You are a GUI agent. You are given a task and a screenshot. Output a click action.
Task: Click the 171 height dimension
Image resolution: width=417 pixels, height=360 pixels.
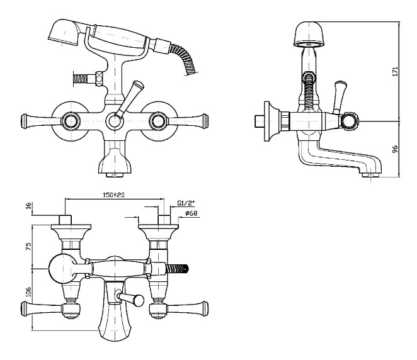tap(395, 72)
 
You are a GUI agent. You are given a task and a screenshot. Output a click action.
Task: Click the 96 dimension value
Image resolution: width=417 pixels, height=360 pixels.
tap(395, 150)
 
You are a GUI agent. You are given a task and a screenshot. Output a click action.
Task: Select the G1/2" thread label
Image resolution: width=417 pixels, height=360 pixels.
tap(186, 203)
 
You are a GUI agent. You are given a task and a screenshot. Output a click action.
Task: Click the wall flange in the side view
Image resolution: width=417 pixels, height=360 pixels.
tap(270, 120)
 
